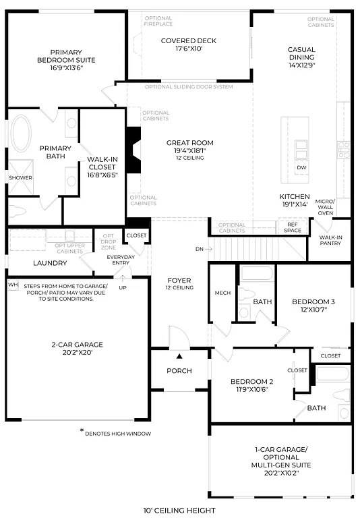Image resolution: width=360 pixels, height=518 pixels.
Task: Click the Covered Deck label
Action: click(x=189, y=40)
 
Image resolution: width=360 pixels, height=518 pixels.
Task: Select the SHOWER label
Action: click(x=20, y=178)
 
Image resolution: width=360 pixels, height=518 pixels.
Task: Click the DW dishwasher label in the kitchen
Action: click(x=301, y=167)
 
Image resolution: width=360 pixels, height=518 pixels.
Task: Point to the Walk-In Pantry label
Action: click(x=330, y=240)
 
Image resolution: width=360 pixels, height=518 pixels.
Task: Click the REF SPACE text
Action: click(x=293, y=228)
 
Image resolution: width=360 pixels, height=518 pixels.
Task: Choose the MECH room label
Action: click(x=223, y=293)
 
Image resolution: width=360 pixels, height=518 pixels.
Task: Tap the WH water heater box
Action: click(x=12, y=285)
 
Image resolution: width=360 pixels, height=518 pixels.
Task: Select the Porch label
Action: click(x=179, y=371)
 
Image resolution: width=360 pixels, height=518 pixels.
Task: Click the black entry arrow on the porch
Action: click(x=179, y=356)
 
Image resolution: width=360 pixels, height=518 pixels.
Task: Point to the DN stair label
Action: click(x=200, y=250)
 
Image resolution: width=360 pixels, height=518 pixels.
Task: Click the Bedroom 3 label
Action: click(x=314, y=301)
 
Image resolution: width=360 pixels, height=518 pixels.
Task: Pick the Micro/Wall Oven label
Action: click(x=326, y=207)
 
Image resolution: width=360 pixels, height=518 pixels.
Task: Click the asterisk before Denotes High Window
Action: click(x=81, y=431)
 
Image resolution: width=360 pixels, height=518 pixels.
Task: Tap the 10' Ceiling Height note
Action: click(x=179, y=511)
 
